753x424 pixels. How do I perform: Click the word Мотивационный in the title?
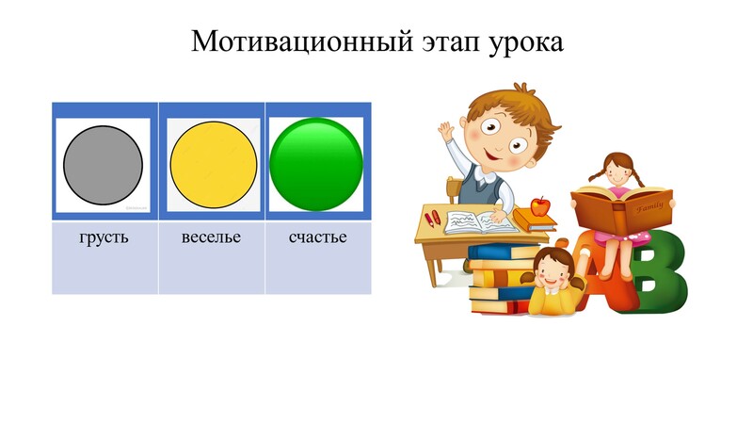tap(302, 41)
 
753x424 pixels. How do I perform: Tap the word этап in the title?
tap(451, 42)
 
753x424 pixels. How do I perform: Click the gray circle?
tap(103, 165)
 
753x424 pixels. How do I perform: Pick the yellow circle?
tap(214, 165)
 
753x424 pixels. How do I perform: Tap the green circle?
tap(316, 165)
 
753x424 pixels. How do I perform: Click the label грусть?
tap(104, 238)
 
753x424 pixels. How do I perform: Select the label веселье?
tap(211, 237)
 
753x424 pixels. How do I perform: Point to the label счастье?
tap(317, 237)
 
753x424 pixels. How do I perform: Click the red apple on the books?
tap(540, 206)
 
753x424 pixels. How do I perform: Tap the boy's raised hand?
tap(446, 131)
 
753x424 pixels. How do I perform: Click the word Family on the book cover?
tap(649, 207)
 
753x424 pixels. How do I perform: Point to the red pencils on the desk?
tap(433, 219)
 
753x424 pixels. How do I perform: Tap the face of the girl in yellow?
tap(552, 272)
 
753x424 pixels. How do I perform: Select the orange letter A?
tap(596, 269)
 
